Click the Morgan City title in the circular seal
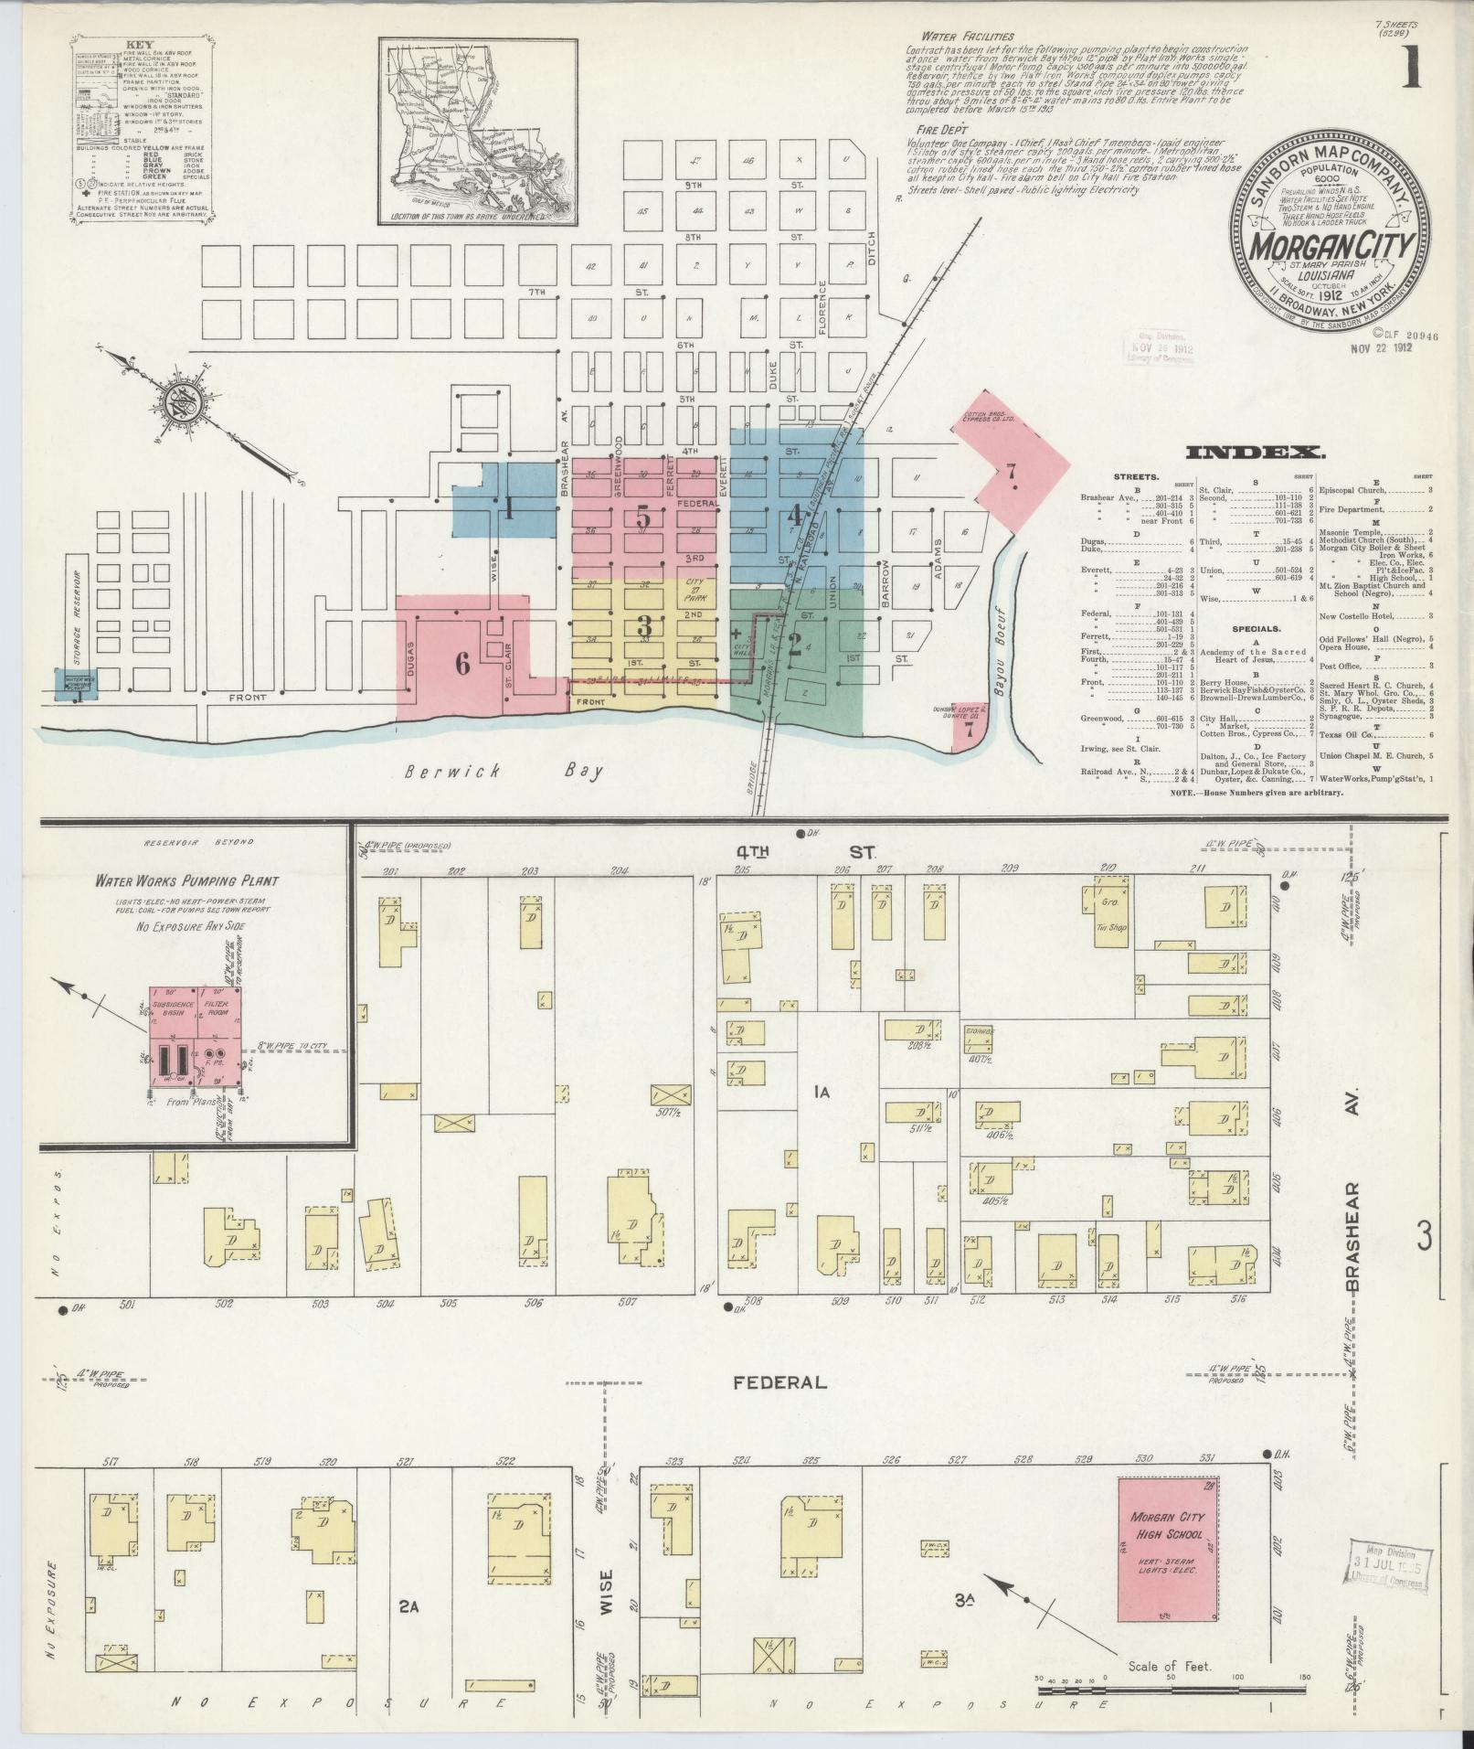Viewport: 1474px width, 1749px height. click(1331, 244)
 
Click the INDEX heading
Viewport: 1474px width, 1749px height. click(1254, 452)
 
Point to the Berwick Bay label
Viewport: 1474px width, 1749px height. click(505, 771)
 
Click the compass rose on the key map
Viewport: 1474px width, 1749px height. click(175, 405)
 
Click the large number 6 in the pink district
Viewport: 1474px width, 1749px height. click(462, 665)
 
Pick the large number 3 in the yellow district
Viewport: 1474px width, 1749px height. click(644, 626)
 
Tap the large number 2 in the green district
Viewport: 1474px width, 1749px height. click(794, 645)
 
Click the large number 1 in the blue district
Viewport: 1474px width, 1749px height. click(508, 509)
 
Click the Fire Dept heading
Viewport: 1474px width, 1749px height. click(929, 130)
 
